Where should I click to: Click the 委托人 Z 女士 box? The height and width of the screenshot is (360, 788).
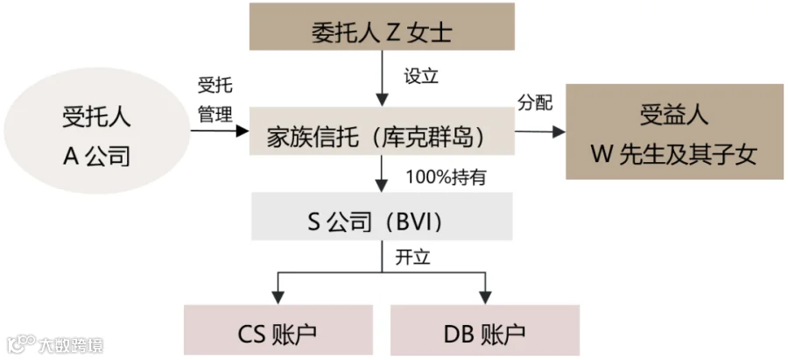point(382,26)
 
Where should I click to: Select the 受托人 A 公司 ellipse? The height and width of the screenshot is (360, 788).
point(97,131)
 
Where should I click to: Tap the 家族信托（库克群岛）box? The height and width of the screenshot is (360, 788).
point(382,131)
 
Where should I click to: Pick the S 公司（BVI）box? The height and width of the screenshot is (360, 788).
point(382,216)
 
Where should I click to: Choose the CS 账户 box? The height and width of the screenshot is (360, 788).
point(278,330)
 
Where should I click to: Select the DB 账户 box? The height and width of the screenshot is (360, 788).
point(485,330)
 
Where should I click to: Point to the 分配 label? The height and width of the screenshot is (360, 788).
point(535,102)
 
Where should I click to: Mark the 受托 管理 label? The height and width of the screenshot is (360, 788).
point(215,101)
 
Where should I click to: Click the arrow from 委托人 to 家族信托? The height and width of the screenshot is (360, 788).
point(382,79)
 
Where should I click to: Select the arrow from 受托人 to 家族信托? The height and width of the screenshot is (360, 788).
point(220,131)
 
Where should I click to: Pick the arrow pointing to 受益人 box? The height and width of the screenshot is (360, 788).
point(540,131)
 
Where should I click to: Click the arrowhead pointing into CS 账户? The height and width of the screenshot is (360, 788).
point(278,299)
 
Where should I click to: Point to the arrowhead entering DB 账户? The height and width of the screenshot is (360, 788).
point(485,299)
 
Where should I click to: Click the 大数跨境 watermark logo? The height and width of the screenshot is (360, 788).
point(53,345)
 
